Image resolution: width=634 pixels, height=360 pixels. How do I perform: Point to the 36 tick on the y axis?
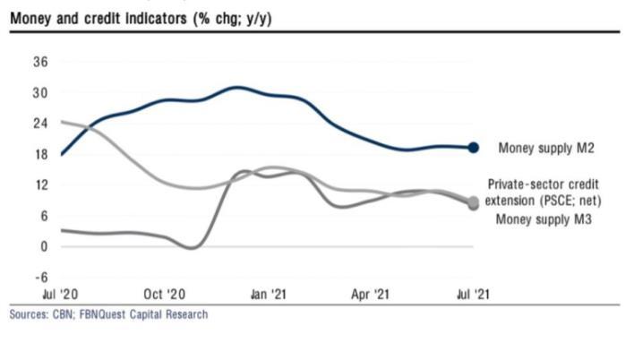pyautogui.click(x=41, y=62)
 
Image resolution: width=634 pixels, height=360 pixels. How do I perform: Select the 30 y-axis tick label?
pyautogui.click(x=41, y=92)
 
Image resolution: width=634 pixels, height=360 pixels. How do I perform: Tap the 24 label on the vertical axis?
pyautogui.click(x=41, y=123)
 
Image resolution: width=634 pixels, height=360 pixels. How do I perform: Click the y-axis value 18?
pyautogui.click(x=41, y=154)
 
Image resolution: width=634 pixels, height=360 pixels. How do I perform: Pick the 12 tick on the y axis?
pyautogui.click(x=41, y=184)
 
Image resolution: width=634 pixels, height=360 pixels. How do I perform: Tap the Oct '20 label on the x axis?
pyautogui.click(x=165, y=294)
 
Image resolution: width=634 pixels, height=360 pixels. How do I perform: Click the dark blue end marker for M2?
pyautogui.click(x=474, y=148)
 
